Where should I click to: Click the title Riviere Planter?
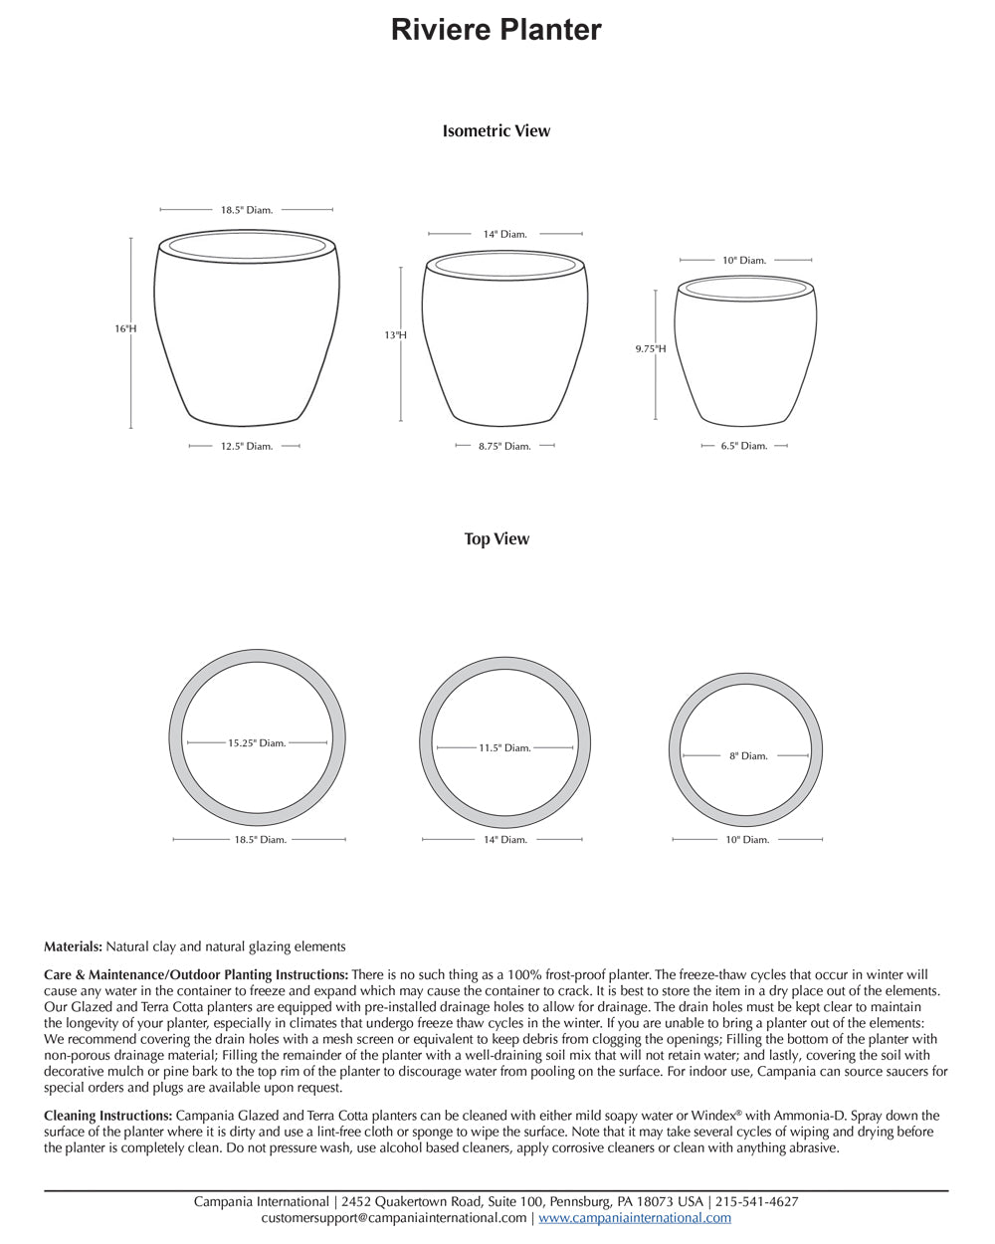496,30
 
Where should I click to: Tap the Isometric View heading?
496,130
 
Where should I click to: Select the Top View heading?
496,538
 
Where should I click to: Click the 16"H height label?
125,328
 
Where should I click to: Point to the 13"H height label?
395,335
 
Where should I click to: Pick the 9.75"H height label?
651,348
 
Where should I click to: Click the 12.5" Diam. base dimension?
246,446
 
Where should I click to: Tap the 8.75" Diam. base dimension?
504,446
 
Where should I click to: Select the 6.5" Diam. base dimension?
744,446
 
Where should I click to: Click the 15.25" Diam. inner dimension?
257,742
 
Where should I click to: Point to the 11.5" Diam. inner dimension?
504,747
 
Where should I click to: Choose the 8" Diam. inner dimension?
748,756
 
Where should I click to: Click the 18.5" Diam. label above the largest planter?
246,210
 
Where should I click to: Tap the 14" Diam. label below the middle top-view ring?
505,840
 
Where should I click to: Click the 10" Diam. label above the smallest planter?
744,260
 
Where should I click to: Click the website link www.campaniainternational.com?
635,1217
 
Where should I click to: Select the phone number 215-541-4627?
756,1201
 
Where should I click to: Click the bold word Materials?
73,946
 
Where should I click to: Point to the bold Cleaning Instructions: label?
107,1116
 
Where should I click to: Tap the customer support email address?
393,1217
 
